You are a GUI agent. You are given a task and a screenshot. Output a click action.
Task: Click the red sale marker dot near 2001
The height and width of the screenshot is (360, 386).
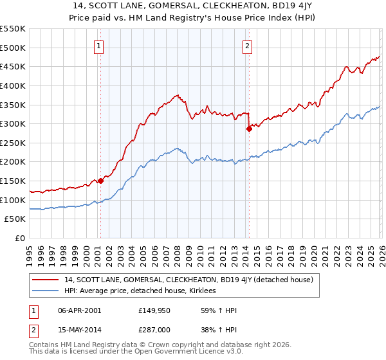100,181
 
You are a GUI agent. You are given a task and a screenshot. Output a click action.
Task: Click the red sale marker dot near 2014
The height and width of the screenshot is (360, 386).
248,129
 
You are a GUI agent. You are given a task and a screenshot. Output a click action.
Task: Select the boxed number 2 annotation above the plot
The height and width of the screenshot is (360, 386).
248,46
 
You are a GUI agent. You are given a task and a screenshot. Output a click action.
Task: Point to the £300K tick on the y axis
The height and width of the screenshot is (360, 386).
14,123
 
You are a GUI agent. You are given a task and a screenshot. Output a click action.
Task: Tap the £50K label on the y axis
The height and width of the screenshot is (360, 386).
15,219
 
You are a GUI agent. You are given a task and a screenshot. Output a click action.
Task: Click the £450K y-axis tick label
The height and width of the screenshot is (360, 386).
14,66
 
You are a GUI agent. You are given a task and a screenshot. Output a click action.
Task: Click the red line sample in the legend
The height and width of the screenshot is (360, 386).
47,280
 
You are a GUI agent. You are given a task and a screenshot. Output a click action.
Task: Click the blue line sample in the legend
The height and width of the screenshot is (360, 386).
47,291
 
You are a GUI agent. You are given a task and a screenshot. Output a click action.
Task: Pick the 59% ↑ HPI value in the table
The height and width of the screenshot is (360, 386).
210,310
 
